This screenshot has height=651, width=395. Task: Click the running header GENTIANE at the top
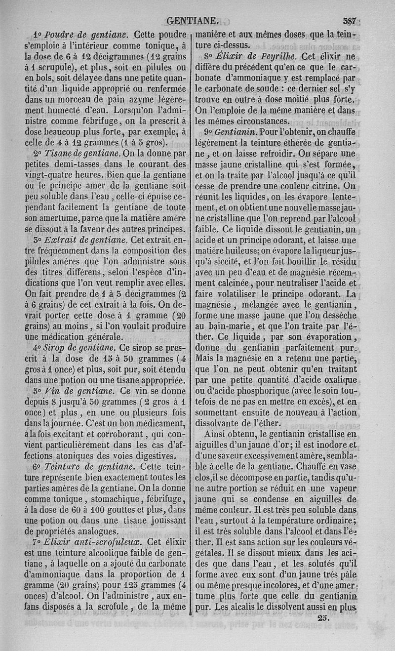pos(193,21)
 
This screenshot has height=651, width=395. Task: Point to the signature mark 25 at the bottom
pos(323,617)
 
